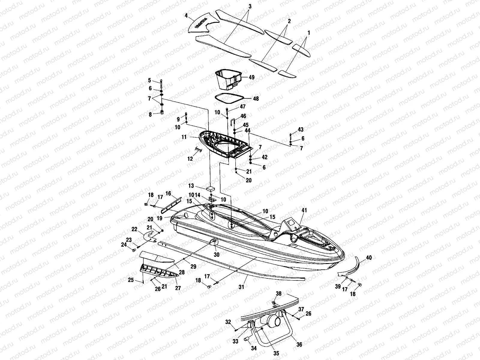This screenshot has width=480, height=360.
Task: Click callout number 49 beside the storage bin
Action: coord(251,77)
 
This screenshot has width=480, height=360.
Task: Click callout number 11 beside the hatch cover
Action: coord(184,137)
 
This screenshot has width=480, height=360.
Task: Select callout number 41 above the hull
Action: coord(304,211)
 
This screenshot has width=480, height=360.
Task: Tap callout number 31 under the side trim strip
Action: coord(241,287)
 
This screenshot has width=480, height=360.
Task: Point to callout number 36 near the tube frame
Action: coord(299,345)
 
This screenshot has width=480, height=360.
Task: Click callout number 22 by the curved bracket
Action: coord(134,229)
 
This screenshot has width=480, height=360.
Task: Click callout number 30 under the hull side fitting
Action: coord(216,255)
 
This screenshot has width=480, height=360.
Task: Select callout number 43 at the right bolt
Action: coord(300,130)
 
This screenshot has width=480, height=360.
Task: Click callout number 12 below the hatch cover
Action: coord(190,159)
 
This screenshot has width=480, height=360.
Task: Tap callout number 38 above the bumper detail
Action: coord(279,294)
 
